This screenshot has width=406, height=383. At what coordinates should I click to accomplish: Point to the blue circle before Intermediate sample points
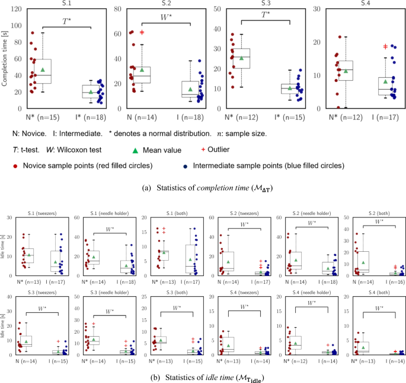(x=187, y=164)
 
